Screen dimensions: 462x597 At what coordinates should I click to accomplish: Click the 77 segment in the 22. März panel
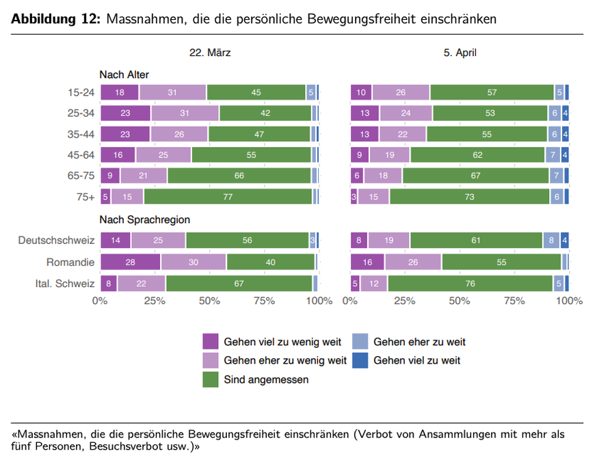tap(228, 197)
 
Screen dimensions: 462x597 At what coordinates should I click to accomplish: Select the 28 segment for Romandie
tap(130, 262)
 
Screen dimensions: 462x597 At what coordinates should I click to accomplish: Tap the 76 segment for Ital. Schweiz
tap(470, 283)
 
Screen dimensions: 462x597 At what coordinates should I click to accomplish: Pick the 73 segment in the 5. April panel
tap(469, 197)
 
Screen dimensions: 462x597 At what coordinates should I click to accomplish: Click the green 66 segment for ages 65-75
tap(239, 176)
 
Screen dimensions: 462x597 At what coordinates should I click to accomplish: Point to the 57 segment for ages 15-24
tap(492, 93)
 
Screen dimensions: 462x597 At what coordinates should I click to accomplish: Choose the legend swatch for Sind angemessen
tap(211, 379)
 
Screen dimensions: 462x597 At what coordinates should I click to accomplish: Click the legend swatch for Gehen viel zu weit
tap(360, 360)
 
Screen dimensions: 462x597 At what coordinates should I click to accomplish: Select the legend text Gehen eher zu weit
tap(419, 342)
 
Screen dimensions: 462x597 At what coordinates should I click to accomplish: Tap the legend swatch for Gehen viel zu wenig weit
tap(211, 342)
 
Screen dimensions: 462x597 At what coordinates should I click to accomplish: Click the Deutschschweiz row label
tap(56, 241)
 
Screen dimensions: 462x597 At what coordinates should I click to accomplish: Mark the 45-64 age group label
tap(81, 155)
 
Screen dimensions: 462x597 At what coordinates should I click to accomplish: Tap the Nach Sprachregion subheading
tap(144, 219)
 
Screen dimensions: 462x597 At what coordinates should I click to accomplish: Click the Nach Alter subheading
tap(124, 74)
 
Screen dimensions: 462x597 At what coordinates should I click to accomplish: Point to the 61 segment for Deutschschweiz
tap(475, 241)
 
